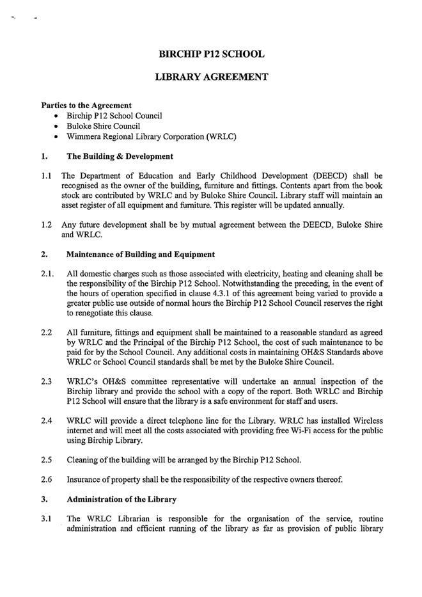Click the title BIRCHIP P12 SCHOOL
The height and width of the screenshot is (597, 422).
point(211,54)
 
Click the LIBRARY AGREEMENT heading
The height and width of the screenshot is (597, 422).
point(211,77)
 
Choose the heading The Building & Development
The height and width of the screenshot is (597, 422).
point(120,156)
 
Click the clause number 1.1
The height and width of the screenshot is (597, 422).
point(47,175)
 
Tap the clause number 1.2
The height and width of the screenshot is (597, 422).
point(47,225)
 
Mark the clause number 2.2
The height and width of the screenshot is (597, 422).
point(47,333)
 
